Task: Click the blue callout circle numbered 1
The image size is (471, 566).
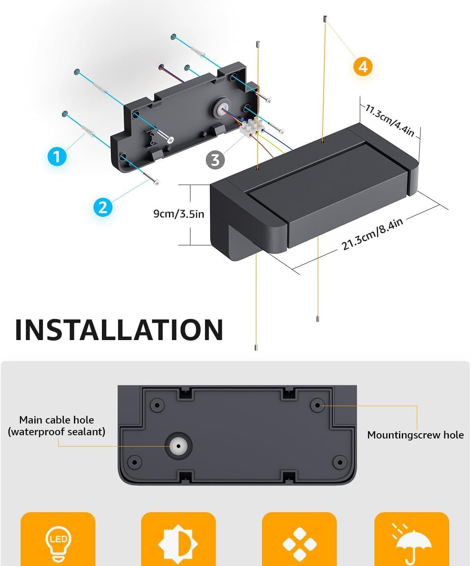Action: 57,156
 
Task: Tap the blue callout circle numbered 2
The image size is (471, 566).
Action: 103,208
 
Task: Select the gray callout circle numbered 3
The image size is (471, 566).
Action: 215,160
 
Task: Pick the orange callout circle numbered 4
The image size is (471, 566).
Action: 363,67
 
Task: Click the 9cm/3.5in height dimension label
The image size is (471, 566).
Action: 179,214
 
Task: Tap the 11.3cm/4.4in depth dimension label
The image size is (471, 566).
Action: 390,120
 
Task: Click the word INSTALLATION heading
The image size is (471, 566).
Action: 119,330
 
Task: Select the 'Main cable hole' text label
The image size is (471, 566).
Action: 57,420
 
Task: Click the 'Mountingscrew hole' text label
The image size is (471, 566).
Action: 416,435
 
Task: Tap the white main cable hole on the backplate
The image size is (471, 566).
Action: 178,446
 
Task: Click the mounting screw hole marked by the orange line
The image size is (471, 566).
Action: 317,406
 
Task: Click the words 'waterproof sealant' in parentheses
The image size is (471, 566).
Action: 57,432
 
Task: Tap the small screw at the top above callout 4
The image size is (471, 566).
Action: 325,19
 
